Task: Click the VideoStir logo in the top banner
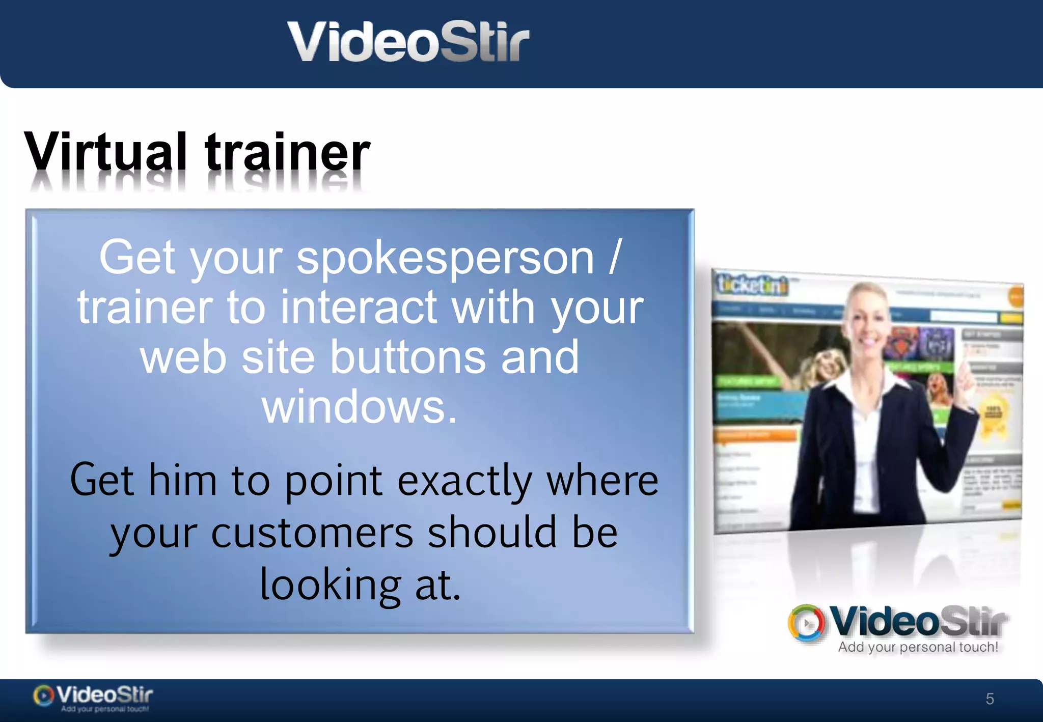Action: (408, 42)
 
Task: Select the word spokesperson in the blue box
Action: (445, 259)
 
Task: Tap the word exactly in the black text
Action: (464, 481)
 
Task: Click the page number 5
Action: (990, 699)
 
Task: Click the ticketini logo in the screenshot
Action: (751, 286)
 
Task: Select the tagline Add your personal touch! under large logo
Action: (918, 647)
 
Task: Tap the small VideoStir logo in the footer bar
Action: (93, 697)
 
